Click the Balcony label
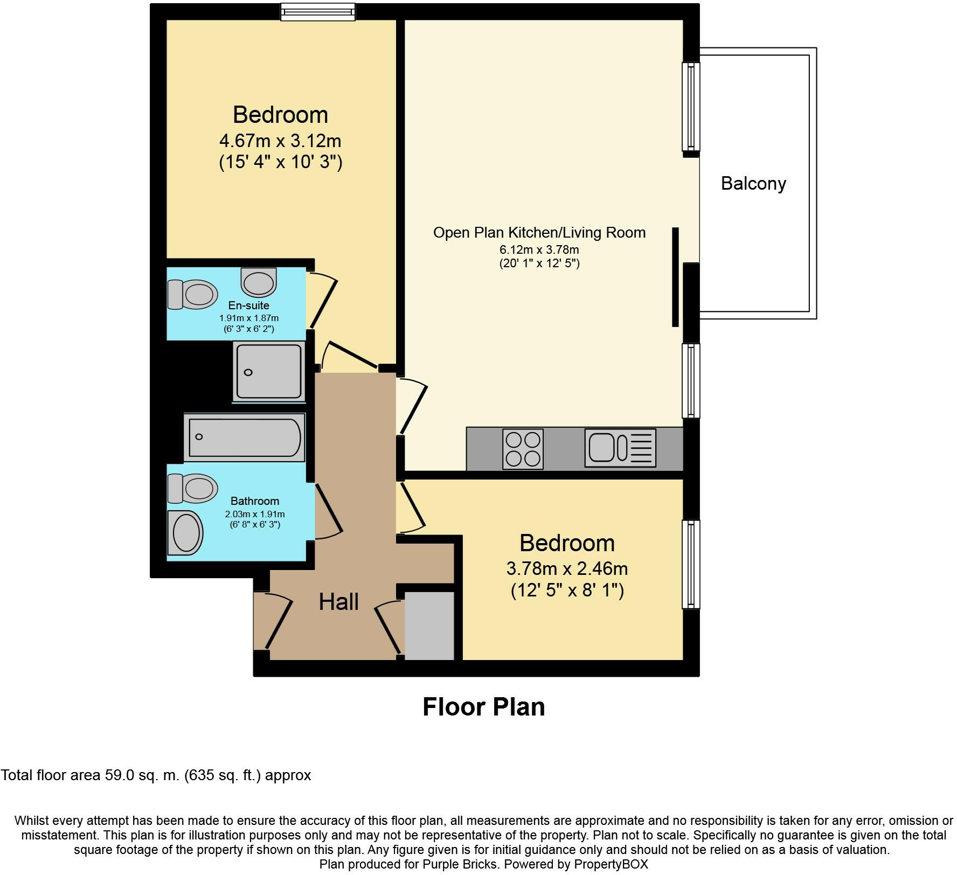(753, 184)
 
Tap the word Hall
(338, 602)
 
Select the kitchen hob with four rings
(523, 449)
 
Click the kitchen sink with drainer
(620, 448)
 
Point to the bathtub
(245, 437)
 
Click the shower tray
(269, 371)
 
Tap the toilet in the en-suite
(192, 294)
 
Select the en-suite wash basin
(259, 282)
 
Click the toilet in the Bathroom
(192, 488)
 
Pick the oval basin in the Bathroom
(185, 532)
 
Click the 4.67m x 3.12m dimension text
(280, 141)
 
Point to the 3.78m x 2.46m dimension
(567, 568)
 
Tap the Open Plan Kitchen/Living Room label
(539, 233)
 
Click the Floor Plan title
(483, 707)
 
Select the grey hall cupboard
(429, 626)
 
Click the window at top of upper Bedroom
(318, 12)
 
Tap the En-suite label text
(248, 305)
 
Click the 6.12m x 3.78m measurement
(539, 250)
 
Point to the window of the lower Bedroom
(691, 565)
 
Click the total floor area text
(156, 775)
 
